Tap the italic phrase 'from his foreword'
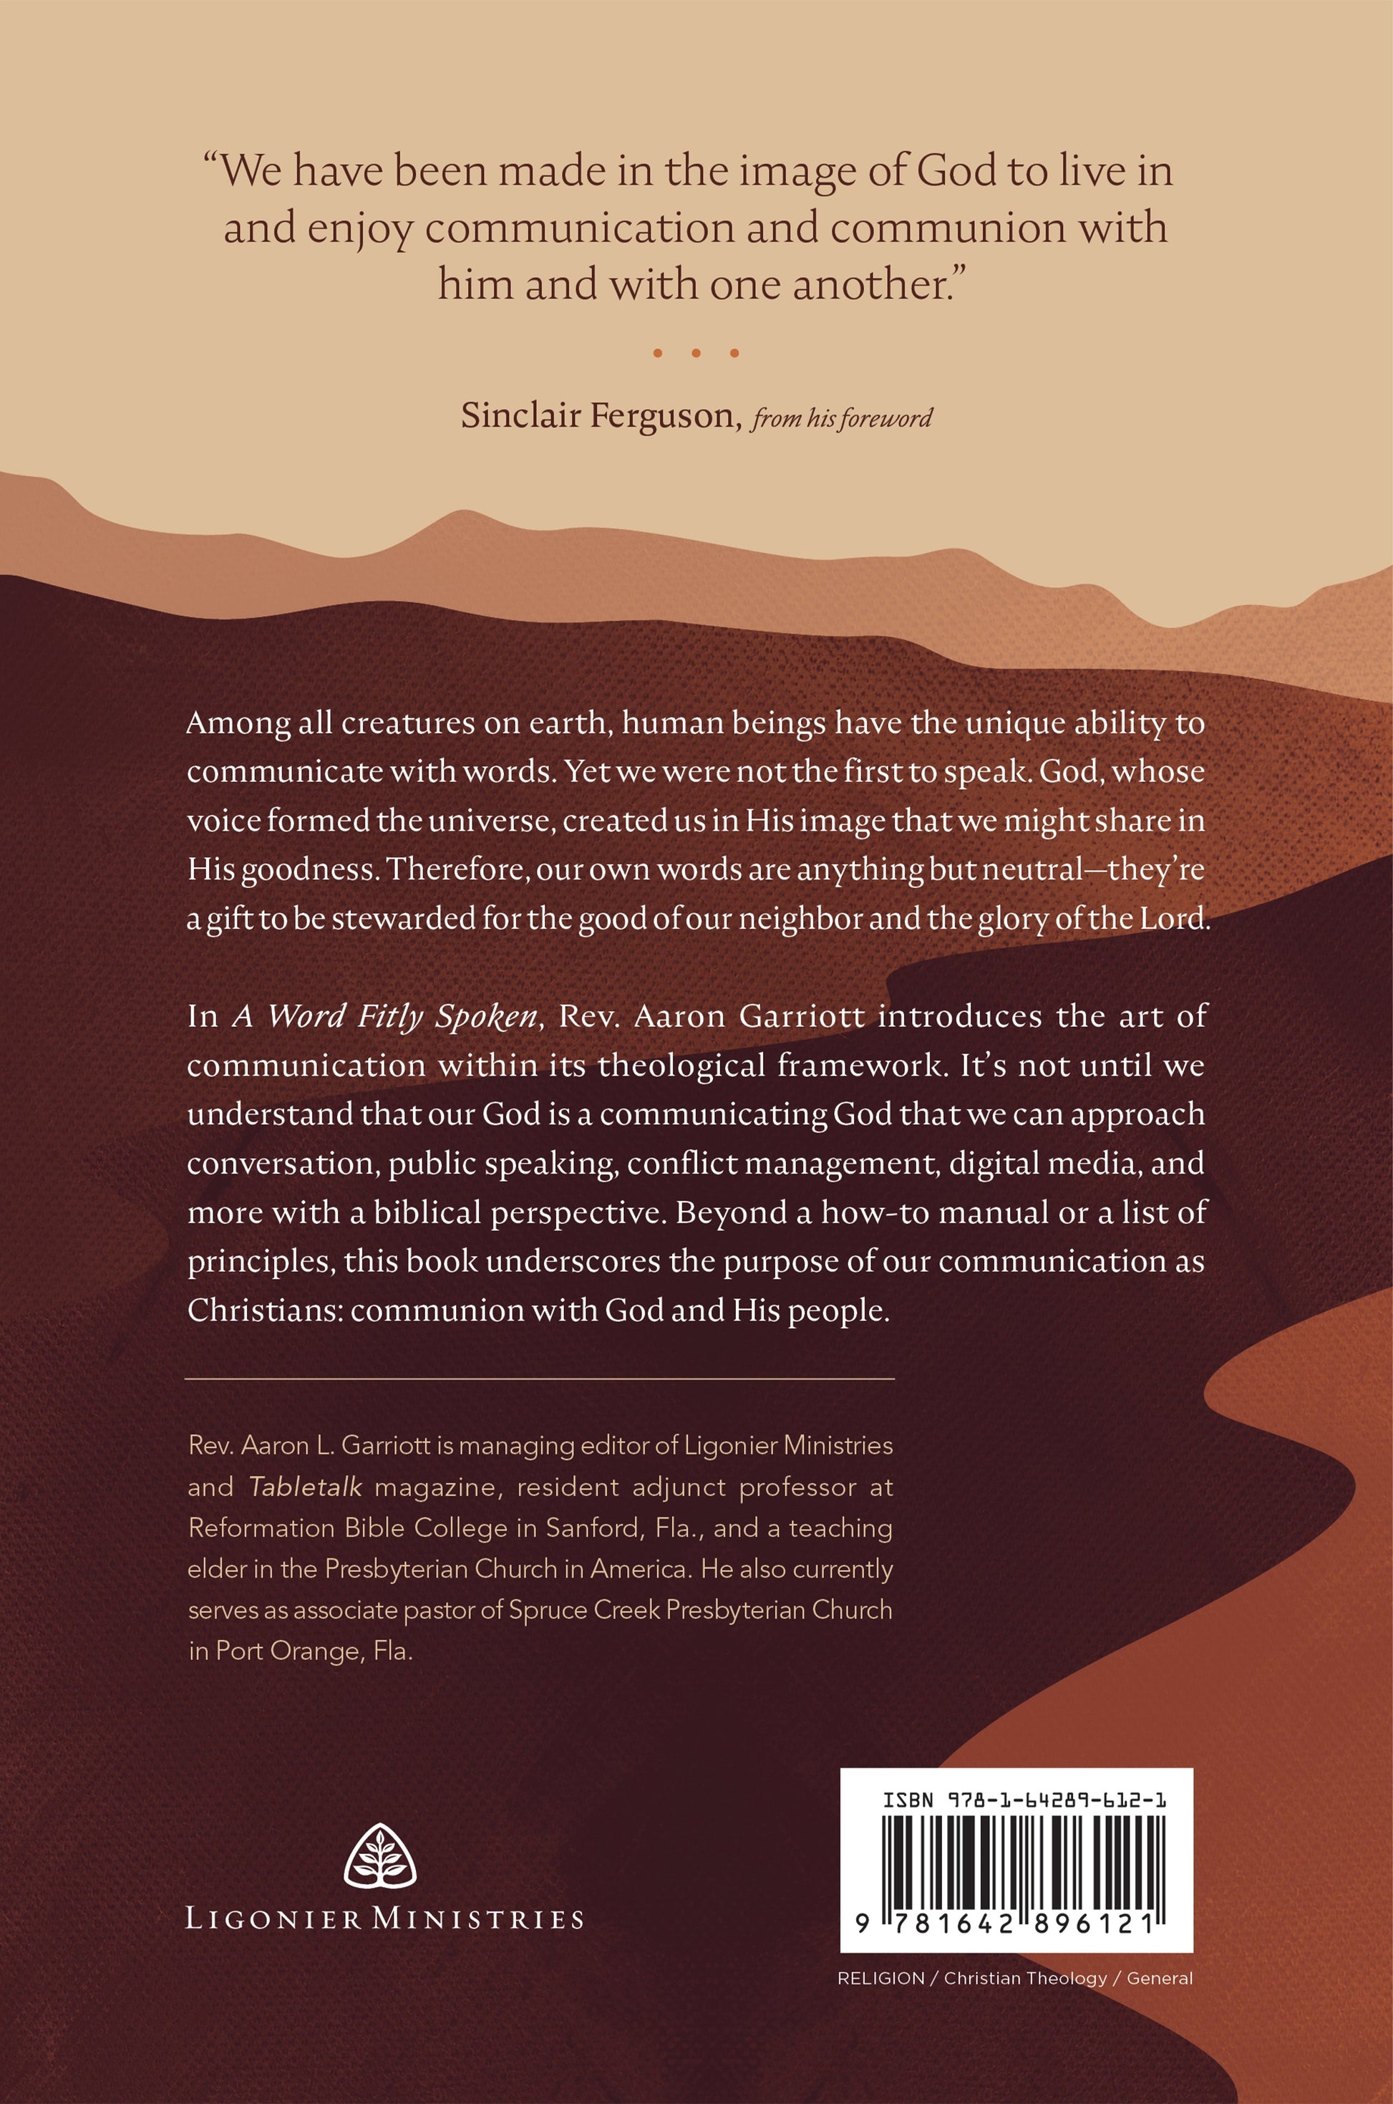coord(841,418)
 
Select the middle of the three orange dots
coord(696,354)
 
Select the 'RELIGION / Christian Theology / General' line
coord(1016,1978)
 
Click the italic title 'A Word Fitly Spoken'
coord(387,1016)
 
